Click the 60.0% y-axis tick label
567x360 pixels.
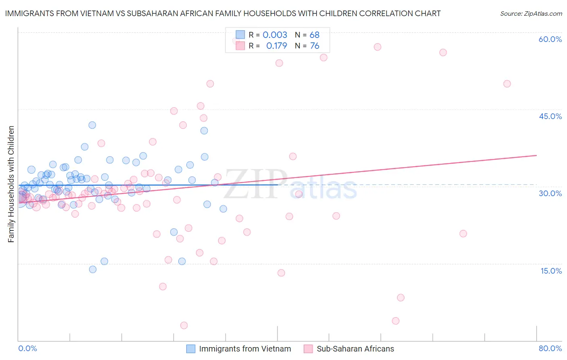pyautogui.click(x=550, y=39)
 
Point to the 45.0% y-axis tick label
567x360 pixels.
pyautogui.click(x=550, y=116)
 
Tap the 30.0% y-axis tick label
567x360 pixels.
pyautogui.click(x=550, y=193)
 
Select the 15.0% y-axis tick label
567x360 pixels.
pyautogui.click(x=551, y=271)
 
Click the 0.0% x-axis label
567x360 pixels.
pyautogui.click(x=27, y=348)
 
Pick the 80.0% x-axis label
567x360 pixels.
pyautogui.click(x=550, y=348)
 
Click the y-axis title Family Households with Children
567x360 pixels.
pyautogui.click(x=11, y=184)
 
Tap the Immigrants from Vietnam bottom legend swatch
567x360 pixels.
pyautogui.click(x=191, y=349)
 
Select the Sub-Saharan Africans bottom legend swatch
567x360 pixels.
pyautogui.click(x=309, y=349)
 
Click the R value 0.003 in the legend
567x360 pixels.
pyautogui.click(x=275, y=35)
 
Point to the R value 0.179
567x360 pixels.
pyautogui.click(x=277, y=46)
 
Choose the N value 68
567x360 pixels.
pyautogui.click(x=315, y=35)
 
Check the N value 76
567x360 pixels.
pyautogui.click(x=315, y=46)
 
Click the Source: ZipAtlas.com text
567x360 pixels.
pyautogui.click(x=531, y=13)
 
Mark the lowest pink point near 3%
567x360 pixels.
pyautogui.click(x=184, y=325)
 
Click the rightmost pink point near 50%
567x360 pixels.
pyautogui.click(x=507, y=84)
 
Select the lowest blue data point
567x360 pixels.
pyautogui.click(x=93, y=269)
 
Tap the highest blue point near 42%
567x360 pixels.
pyautogui.click(x=92, y=125)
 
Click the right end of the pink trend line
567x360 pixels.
pyautogui.click(x=536, y=155)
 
